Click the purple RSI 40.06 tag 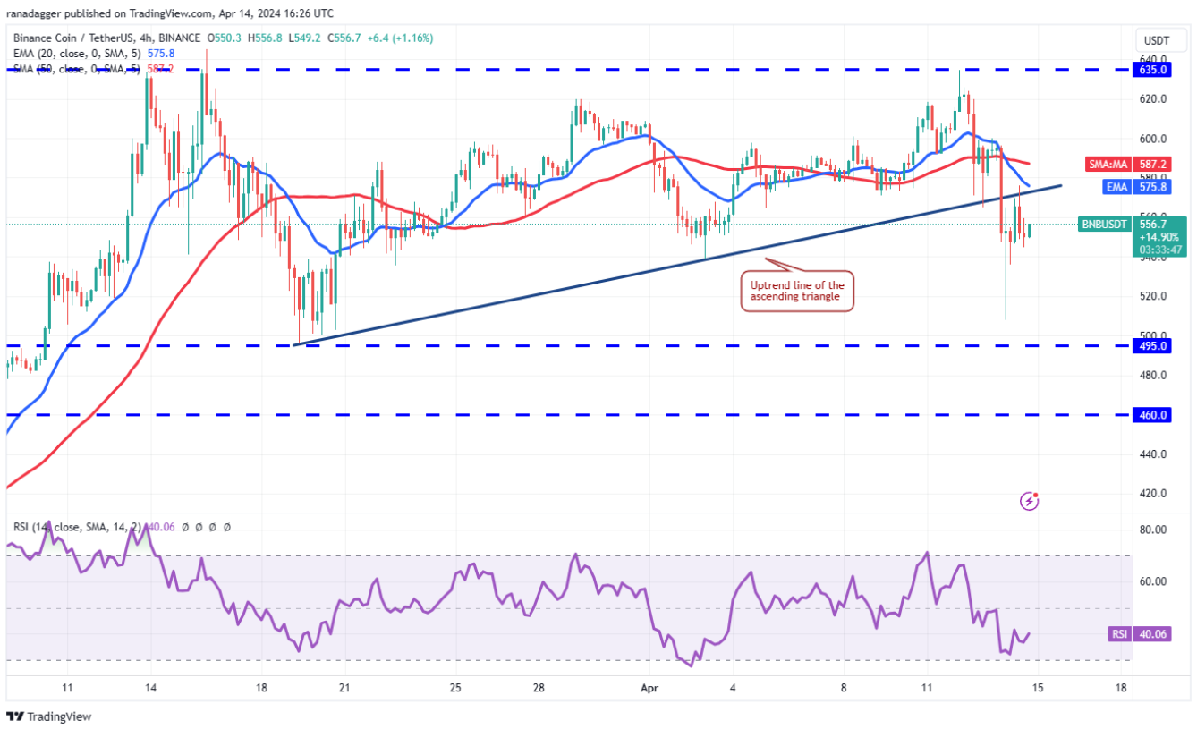pos(1117,634)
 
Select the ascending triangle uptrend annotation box pos(796,291)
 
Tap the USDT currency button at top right pos(1157,40)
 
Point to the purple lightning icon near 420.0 pos(1029,501)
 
